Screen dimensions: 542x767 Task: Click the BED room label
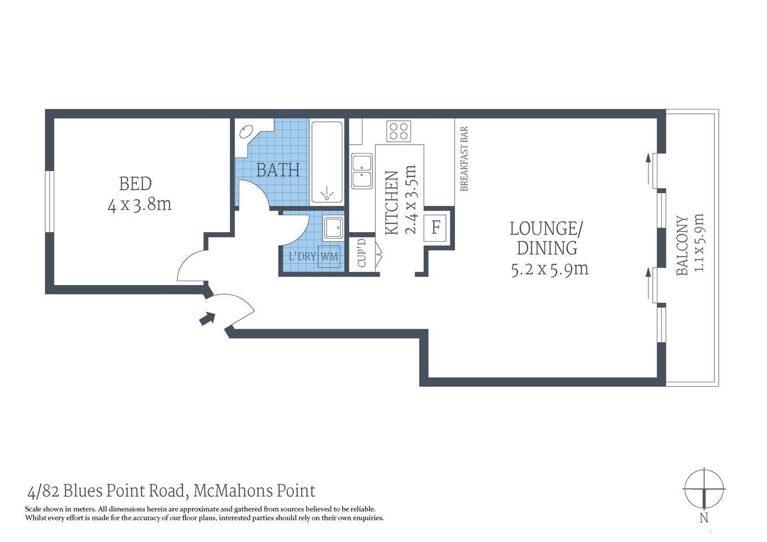pyautogui.click(x=135, y=184)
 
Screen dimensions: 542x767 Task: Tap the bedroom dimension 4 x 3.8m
pyautogui.click(x=139, y=204)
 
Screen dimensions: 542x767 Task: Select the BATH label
pyautogui.click(x=278, y=170)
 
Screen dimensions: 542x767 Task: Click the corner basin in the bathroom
pyautogui.click(x=246, y=133)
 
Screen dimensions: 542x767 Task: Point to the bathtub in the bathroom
pyautogui.click(x=327, y=161)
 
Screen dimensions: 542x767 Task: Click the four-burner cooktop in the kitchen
pyautogui.click(x=398, y=132)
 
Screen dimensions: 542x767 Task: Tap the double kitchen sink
pyautogui.click(x=361, y=171)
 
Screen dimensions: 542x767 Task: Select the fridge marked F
pyautogui.click(x=436, y=228)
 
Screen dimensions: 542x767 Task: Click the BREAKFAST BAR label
pyautogui.click(x=464, y=159)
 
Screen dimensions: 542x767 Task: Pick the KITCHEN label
pyautogui.click(x=392, y=203)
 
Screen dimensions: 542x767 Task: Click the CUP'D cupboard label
pyautogui.click(x=362, y=253)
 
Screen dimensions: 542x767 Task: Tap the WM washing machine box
pyautogui.click(x=328, y=256)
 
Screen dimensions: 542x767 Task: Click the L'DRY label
pyautogui.click(x=302, y=256)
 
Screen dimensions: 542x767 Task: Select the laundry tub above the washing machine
pyautogui.click(x=333, y=228)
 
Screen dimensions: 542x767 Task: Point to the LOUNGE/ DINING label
pyautogui.click(x=547, y=238)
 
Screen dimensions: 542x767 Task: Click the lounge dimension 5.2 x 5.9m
pyautogui.click(x=549, y=269)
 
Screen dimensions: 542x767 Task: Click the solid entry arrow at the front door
pyautogui.click(x=207, y=319)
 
